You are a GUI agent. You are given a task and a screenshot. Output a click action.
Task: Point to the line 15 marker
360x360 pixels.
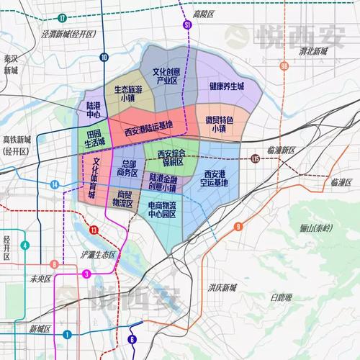[256, 158]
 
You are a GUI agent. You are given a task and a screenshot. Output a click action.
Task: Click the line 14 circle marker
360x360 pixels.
[55, 185]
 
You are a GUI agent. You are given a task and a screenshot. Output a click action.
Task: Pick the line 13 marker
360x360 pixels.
[94, 230]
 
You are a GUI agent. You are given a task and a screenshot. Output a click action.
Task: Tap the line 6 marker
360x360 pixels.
[132, 340]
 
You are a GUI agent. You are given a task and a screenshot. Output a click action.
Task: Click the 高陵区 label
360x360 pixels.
[205, 14]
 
